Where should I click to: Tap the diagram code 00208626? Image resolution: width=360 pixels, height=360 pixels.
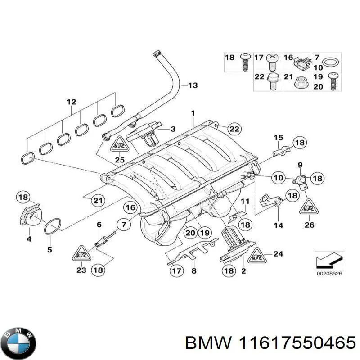click(x=328, y=273)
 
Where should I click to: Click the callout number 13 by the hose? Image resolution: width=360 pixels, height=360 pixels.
click(x=192, y=85)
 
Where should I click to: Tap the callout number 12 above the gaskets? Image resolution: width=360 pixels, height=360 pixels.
click(x=72, y=102)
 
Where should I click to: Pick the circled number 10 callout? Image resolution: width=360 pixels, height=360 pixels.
click(x=279, y=178)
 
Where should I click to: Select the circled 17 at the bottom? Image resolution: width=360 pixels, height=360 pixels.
click(x=176, y=270)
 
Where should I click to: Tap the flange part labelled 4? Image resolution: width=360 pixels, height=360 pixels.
click(x=30, y=219)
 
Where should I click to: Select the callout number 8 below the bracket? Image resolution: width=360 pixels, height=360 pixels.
click(x=194, y=271)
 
